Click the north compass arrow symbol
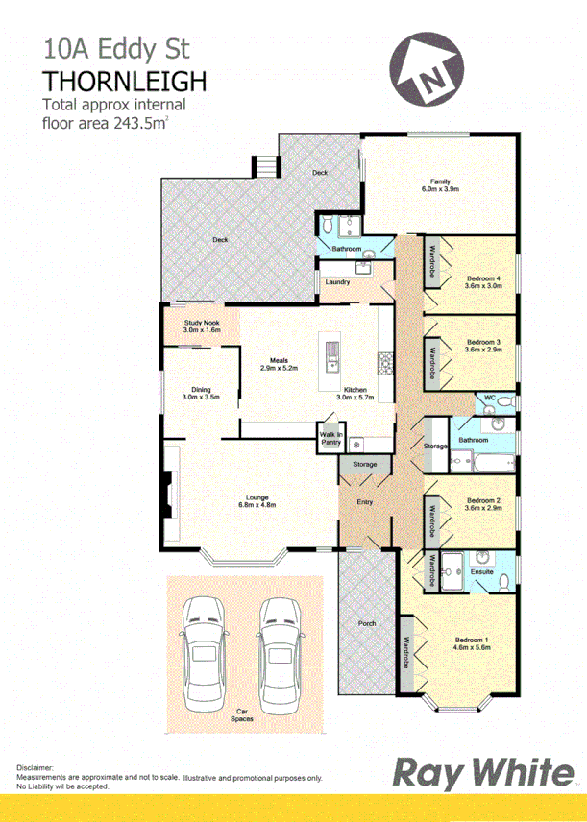click(428, 74)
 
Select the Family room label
click(440, 181)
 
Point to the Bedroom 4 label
click(483, 278)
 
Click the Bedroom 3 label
click(484, 342)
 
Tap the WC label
click(488, 397)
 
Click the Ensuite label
click(481, 572)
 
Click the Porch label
click(366, 623)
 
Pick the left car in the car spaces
click(204, 648)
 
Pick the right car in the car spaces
click(279, 648)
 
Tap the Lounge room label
click(257, 497)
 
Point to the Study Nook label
click(202, 323)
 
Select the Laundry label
click(337, 281)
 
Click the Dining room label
click(201, 389)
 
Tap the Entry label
click(363, 502)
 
